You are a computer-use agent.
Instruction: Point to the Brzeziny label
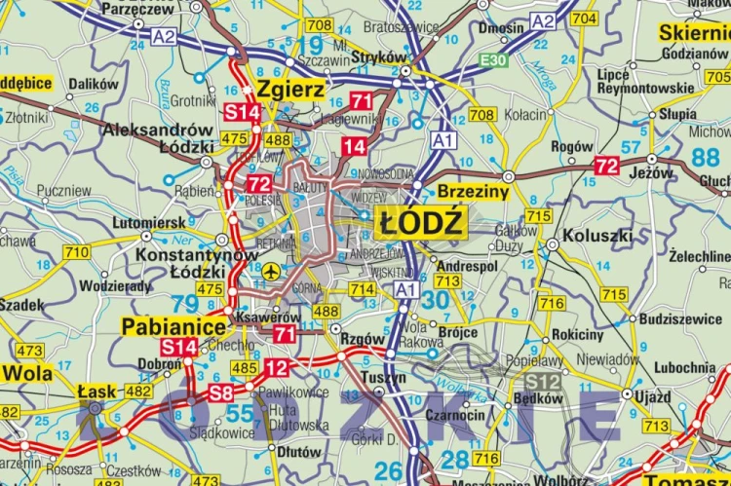(x=474, y=193)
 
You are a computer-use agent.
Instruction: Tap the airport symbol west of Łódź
(x=271, y=269)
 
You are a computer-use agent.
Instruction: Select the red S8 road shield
(x=221, y=393)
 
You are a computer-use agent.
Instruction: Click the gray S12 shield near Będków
(x=541, y=381)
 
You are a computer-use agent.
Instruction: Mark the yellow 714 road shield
(x=363, y=289)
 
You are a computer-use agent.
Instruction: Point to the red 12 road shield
(x=278, y=367)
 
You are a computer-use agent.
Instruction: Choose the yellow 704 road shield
(x=584, y=19)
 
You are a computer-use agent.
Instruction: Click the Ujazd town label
(x=652, y=396)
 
